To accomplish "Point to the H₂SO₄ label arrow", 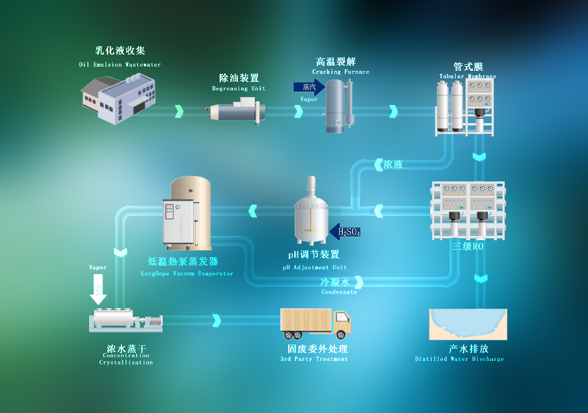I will pyautogui.click(x=346, y=232).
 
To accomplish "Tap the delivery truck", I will pyautogui.click(x=316, y=323).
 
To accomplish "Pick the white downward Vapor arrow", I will pyautogui.click(x=98, y=288).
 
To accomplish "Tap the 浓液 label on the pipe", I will pyautogui.click(x=393, y=164).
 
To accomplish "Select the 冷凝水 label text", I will pyautogui.click(x=335, y=282).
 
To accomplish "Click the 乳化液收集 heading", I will pyautogui.click(x=120, y=51).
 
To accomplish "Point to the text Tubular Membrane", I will pyautogui.click(x=467, y=76).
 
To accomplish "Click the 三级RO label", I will pyautogui.click(x=467, y=246).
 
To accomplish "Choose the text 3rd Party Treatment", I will pyautogui.click(x=314, y=359).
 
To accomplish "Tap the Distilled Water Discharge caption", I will pyautogui.click(x=459, y=359).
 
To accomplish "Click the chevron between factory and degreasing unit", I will pyautogui.click(x=179, y=112).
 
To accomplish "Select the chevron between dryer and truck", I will pyautogui.click(x=217, y=320).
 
